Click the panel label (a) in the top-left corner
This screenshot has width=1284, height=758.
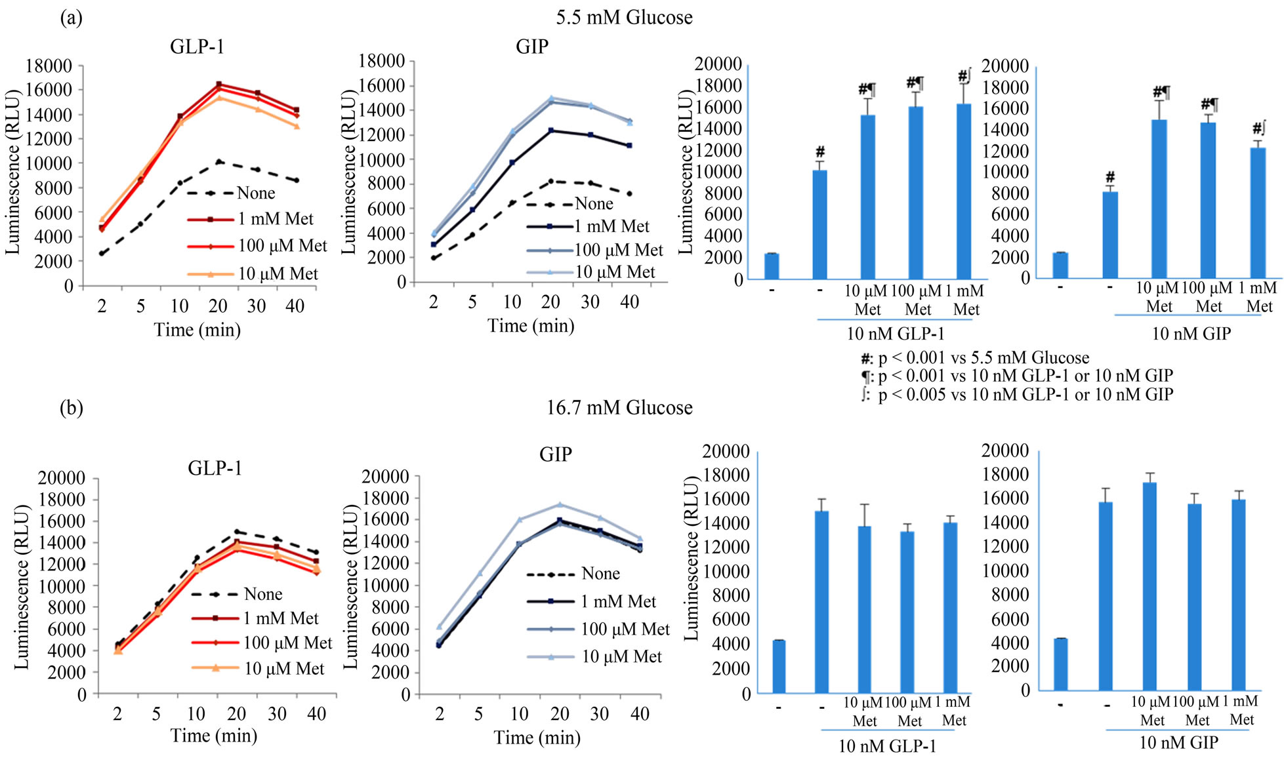point(71,18)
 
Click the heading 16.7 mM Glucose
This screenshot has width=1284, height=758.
point(619,408)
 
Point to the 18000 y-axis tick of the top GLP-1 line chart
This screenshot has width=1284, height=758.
point(49,66)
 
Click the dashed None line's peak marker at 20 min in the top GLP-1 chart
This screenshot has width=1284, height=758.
point(219,161)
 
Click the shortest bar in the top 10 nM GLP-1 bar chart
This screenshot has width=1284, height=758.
point(772,266)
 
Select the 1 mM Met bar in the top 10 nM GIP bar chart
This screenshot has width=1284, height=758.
point(1257,212)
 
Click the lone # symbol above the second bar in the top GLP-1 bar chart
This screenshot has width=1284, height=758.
point(820,152)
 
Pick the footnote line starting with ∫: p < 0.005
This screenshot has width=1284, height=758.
point(1017,395)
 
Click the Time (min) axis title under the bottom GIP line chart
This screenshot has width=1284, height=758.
point(537,738)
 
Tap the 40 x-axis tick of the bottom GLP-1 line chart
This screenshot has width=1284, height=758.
point(316,714)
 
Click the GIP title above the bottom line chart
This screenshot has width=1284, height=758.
point(555,454)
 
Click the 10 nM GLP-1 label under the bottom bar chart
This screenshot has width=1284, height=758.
point(887,746)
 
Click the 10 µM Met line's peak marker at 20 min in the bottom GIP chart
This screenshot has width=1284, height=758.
point(560,504)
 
